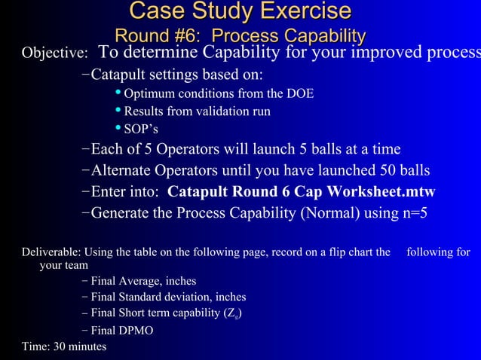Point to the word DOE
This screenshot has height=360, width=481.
pyautogui.click(x=300, y=94)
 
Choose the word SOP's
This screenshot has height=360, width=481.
pyautogui.click(x=140, y=129)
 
